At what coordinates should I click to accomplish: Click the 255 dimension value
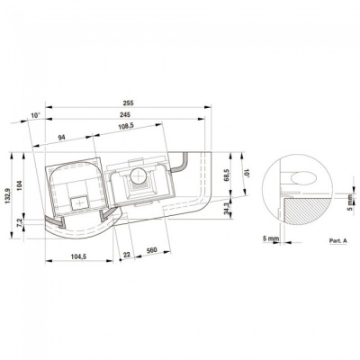point(128,103)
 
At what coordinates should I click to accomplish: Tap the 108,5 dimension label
point(126,126)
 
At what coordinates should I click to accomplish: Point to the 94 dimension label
point(62,138)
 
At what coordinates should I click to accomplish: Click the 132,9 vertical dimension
point(7,195)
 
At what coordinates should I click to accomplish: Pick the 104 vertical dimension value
point(19,186)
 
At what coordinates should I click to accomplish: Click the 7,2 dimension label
point(20,222)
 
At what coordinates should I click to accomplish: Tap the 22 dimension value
point(127,255)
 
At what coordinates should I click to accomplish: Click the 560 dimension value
point(152,250)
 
